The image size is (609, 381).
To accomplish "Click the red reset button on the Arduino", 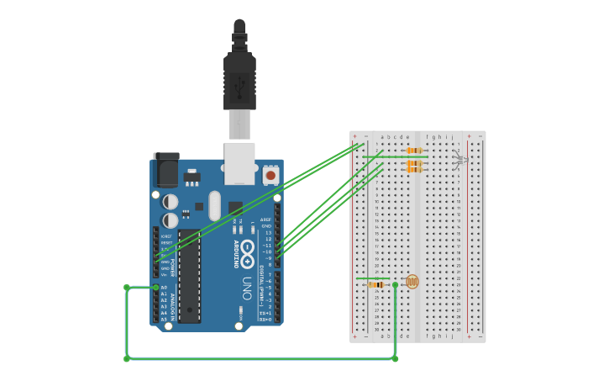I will [270, 176].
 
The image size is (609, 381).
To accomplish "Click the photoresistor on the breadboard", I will [412, 282].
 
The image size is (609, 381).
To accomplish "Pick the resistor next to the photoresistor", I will [376, 284].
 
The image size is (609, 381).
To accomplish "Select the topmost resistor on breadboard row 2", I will [413, 151].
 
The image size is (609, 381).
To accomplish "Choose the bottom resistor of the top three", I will [413, 170].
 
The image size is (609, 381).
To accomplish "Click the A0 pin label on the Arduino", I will [164, 288].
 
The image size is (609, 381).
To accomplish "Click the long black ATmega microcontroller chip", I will [189, 276].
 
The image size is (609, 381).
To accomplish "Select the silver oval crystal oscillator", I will [214, 205].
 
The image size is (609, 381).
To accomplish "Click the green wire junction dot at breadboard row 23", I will [395, 284].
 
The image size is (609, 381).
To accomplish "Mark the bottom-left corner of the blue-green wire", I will [127, 358].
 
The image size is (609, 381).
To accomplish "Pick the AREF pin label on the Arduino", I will [265, 220].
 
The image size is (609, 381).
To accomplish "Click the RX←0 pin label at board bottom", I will [265, 320].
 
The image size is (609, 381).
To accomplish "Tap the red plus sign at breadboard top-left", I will [354, 136].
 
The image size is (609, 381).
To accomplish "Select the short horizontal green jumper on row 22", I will [372, 278].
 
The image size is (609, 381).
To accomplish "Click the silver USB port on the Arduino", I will [239, 161].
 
